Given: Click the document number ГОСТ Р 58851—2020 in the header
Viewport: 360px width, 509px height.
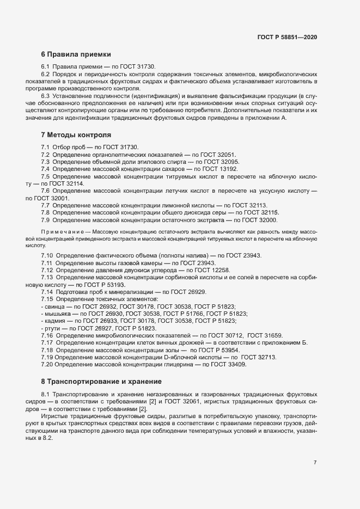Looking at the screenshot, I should tap(287, 37).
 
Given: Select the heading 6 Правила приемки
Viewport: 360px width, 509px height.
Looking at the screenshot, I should tap(76, 54).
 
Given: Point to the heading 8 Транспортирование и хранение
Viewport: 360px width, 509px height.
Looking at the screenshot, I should tap(101, 381).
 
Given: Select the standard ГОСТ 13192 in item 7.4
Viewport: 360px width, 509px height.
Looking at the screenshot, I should tap(218, 169).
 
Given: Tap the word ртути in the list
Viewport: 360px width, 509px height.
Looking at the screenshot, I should tap(52, 328).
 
